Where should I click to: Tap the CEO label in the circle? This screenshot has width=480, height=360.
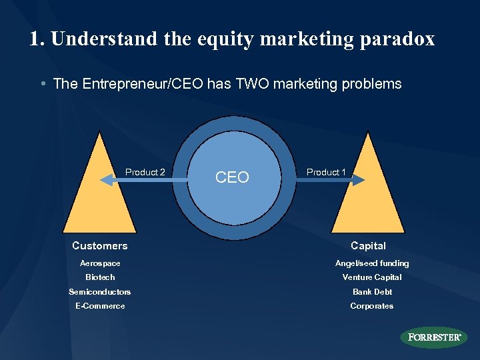(x=233, y=177)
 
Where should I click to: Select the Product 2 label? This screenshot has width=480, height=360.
(x=145, y=172)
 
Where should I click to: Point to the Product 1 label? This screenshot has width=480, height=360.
(x=326, y=172)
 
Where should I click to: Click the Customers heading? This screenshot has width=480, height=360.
(x=100, y=246)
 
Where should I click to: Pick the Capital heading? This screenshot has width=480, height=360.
(x=368, y=246)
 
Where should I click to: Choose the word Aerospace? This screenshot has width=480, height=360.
(x=100, y=263)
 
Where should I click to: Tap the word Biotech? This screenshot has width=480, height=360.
(x=100, y=277)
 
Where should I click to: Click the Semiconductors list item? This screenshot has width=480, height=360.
(x=100, y=291)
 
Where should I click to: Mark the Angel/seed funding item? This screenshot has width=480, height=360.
(x=372, y=263)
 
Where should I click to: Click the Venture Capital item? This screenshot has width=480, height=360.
(x=372, y=277)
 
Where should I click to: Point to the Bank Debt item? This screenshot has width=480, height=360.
(x=372, y=291)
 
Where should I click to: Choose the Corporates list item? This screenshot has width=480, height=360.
(x=372, y=306)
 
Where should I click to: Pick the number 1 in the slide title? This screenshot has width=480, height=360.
(x=35, y=39)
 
